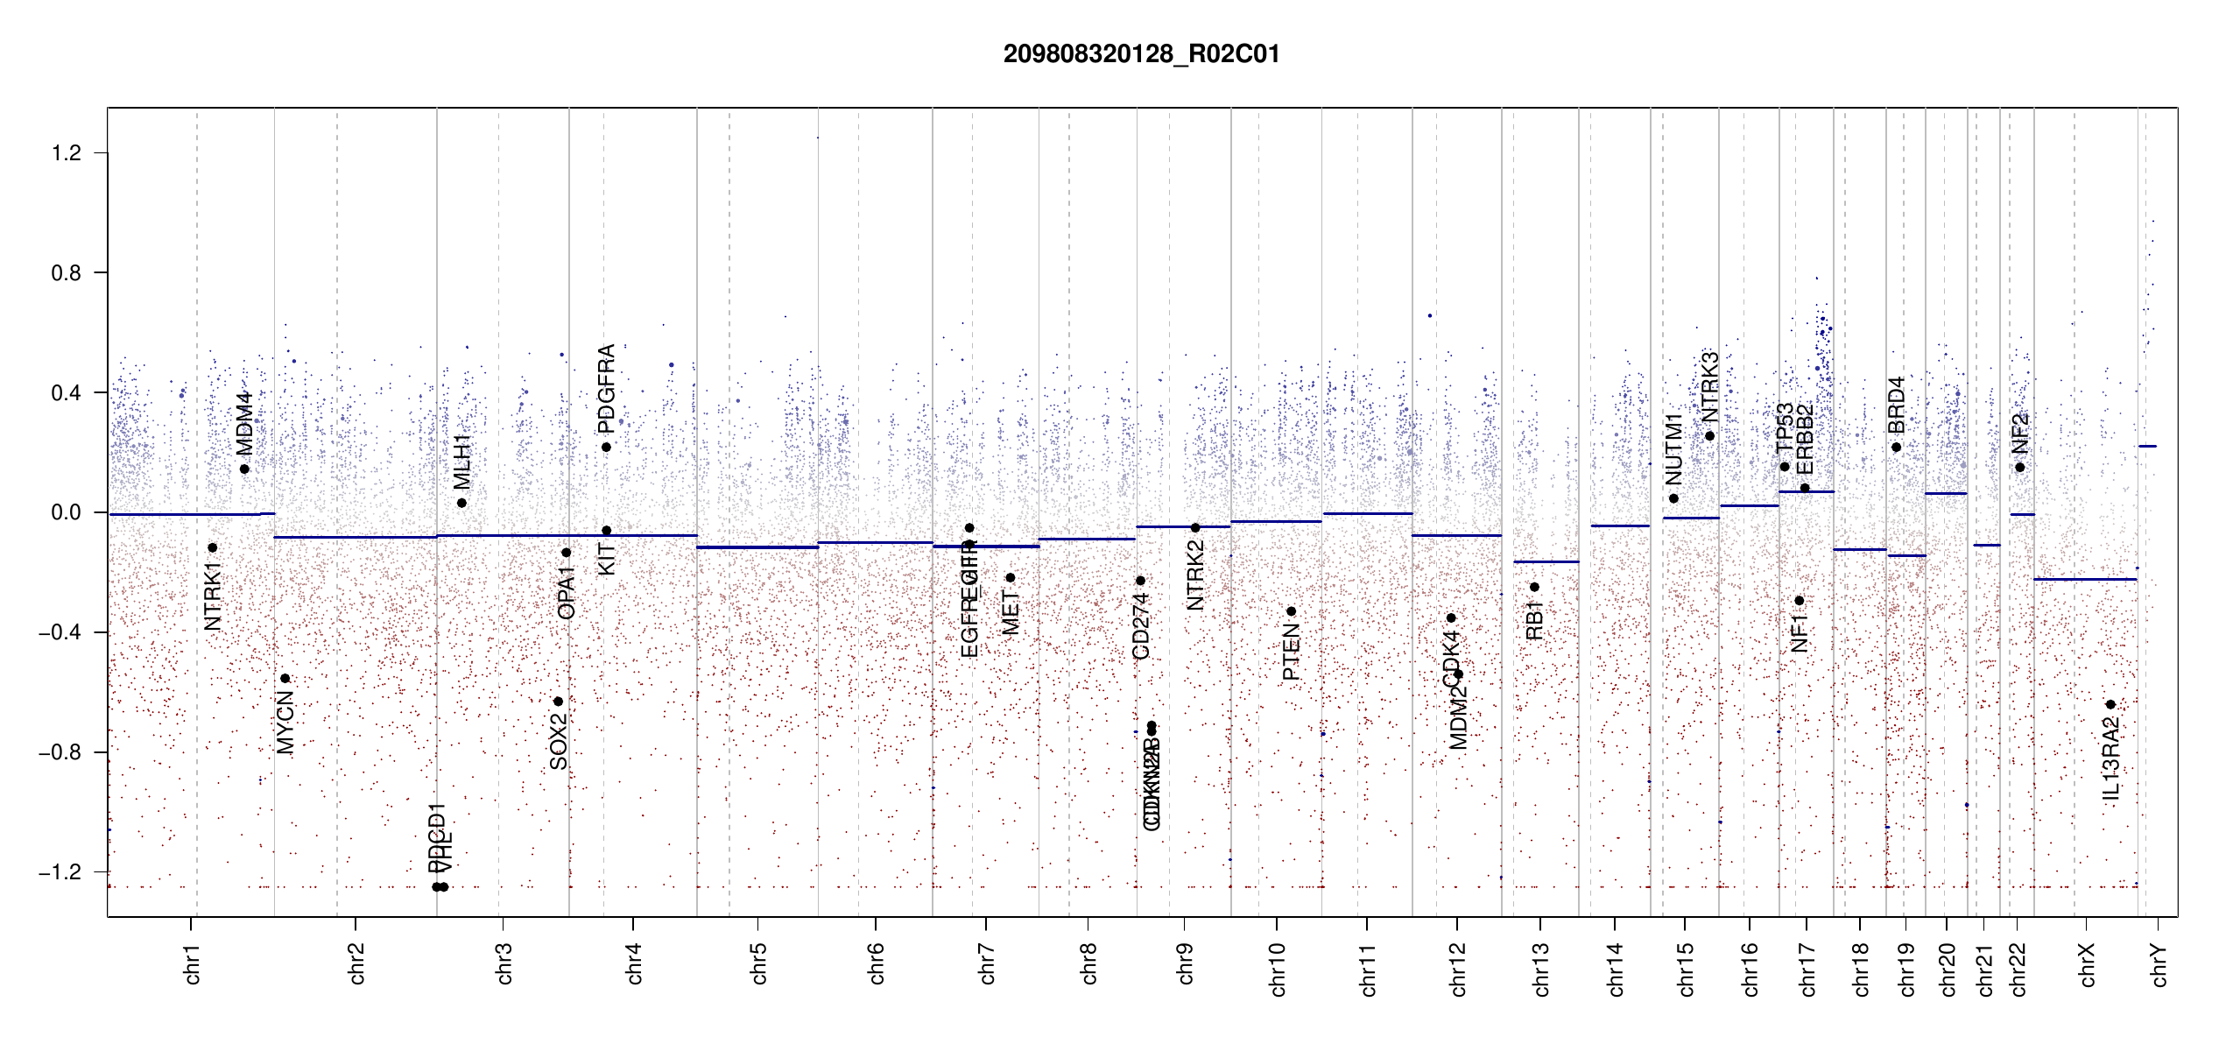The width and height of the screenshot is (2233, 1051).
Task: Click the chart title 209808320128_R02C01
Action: tap(1141, 54)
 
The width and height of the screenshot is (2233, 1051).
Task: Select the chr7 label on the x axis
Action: tap(987, 963)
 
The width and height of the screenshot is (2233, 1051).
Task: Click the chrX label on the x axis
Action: tap(2087, 964)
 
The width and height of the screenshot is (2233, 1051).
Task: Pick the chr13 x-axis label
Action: tap(1540, 969)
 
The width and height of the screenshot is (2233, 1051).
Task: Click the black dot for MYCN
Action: tap(285, 679)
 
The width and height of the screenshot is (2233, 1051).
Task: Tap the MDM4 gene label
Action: tap(244, 424)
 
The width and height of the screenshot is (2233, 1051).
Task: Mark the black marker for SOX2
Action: tap(558, 702)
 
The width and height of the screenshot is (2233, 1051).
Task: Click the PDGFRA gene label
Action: tap(606, 389)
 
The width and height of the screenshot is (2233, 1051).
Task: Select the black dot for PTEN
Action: tap(1291, 611)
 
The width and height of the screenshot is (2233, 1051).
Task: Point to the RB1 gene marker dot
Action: tap(1534, 587)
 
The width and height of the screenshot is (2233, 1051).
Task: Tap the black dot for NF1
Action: tap(1799, 601)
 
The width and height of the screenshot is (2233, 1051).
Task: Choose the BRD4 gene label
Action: tap(1896, 405)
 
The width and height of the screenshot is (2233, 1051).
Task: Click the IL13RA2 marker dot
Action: tap(2110, 705)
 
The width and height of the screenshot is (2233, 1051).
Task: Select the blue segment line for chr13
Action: tap(1546, 561)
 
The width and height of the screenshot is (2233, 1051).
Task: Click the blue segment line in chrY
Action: tap(2147, 447)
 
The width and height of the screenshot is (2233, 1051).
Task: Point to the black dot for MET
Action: tap(1010, 578)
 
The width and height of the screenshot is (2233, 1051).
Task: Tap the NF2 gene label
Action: tap(2019, 434)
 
